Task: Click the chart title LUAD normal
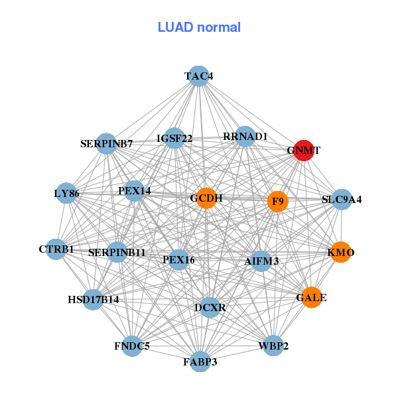pyautogui.click(x=199, y=27)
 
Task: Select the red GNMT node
pyautogui.click(x=303, y=150)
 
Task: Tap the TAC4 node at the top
pyautogui.click(x=198, y=76)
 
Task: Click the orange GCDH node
pyautogui.click(x=206, y=198)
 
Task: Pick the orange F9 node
pyautogui.click(x=278, y=201)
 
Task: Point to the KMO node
pyautogui.click(x=341, y=252)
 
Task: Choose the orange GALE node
pyautogui.click(x=311, y=297)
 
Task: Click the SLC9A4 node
pyautogui.click(x=342, y=199)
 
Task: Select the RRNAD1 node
pyautogui.click(x=245, y=137)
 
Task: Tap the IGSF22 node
pyautogui.click(x=174, y=138)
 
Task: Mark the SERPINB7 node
pyautogui.click(x=107, y=143)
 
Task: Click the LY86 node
pyautogui.click(x=66, y=194)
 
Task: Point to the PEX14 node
pyautogui.click(x=135, y=191)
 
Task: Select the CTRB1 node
pyautogui.click(x=56, y=249)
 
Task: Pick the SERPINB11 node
pyautogui.click(x=117, y=252)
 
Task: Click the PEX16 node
pyautogui.click(x=178, y=259)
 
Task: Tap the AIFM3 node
pyautogui.click(x=261, y=261)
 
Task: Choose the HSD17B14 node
pyautogui.click(x=94, y=300)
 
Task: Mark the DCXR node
pyautogui.click(x=210, y=308)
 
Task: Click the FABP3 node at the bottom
pyautogui.click(x=200, y=362)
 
